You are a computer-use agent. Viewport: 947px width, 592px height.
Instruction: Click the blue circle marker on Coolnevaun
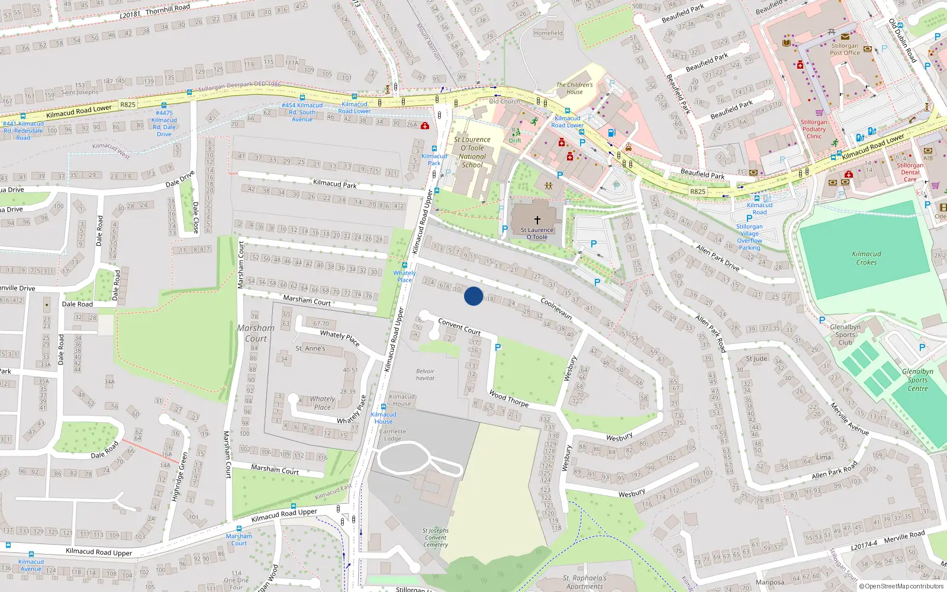pos(474,296)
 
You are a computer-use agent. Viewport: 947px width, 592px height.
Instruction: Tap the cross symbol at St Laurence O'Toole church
pos(537,220)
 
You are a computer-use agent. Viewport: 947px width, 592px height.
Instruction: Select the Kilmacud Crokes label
pos(866,258)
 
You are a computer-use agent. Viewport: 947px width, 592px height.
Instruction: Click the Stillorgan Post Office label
pos(845,49)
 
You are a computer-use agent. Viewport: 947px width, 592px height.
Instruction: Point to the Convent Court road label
pos(459,327)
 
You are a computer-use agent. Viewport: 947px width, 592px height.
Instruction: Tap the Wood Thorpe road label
pos(508,398)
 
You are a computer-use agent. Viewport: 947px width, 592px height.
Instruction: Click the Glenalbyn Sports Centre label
pos(917,380)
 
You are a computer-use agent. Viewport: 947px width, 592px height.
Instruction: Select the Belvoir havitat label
pos(425,375)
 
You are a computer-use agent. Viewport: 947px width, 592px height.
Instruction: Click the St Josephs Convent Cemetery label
pos(436,538)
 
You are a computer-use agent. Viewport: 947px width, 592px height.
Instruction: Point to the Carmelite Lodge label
pos(392,435)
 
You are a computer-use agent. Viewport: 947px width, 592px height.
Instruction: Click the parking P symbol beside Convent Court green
pos(498,348)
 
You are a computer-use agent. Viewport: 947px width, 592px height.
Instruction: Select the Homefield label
pos(548,33)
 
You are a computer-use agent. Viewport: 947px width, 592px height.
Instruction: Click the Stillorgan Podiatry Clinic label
pos(814,129)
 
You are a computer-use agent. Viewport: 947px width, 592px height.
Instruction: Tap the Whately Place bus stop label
pos(405,276)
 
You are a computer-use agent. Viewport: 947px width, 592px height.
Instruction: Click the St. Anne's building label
pos(310,348)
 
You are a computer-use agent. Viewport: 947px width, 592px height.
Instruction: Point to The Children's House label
pos(574,88)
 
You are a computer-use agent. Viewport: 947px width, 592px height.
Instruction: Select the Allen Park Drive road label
pos(717,258)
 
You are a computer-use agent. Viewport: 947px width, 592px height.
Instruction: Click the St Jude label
pos(756,359)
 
